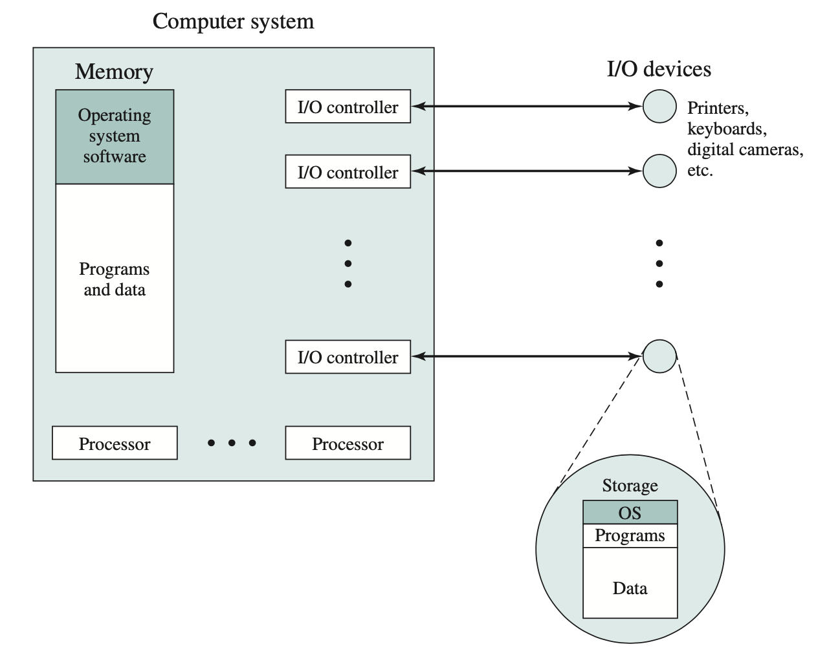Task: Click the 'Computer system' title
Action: tap(233, 21)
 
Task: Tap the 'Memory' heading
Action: tap(114, 71)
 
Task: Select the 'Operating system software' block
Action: tap(115, 136)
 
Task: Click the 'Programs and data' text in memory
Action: tap(115, 279)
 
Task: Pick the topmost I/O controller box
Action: tap(348, 107)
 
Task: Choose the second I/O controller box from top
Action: tap(348, 172)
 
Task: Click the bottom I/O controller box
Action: tap(348, 357)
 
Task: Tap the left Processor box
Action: tap(115, 444)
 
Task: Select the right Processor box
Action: tap(348, 444)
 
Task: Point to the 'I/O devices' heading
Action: tap(659, 69)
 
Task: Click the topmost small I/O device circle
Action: tap(659, 106)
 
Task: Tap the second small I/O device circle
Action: tap(659, 171)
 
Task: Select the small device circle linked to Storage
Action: tap(659, 356)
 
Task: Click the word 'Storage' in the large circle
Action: tap(630, 486)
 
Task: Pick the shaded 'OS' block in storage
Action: tap(630, 513)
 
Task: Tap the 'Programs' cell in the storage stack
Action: tap(630, 535)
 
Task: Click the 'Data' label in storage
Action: tap(630, 588)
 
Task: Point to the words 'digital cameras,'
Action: tap(745, 150)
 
